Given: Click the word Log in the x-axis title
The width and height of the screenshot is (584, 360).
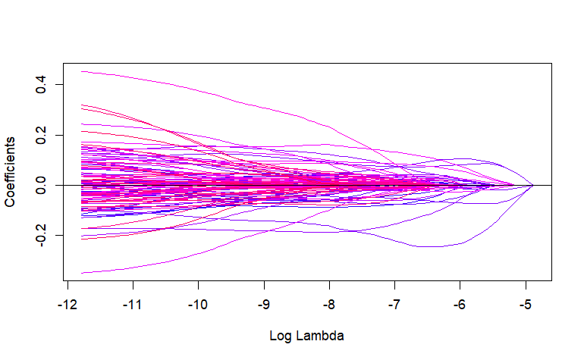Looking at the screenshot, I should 280,334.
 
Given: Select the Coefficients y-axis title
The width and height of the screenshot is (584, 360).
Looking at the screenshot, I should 11,173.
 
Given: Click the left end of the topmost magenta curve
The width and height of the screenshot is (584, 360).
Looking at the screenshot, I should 82,71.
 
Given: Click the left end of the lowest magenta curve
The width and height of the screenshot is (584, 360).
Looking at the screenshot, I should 82,273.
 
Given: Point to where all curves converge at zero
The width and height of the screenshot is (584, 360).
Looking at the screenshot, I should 532,185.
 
